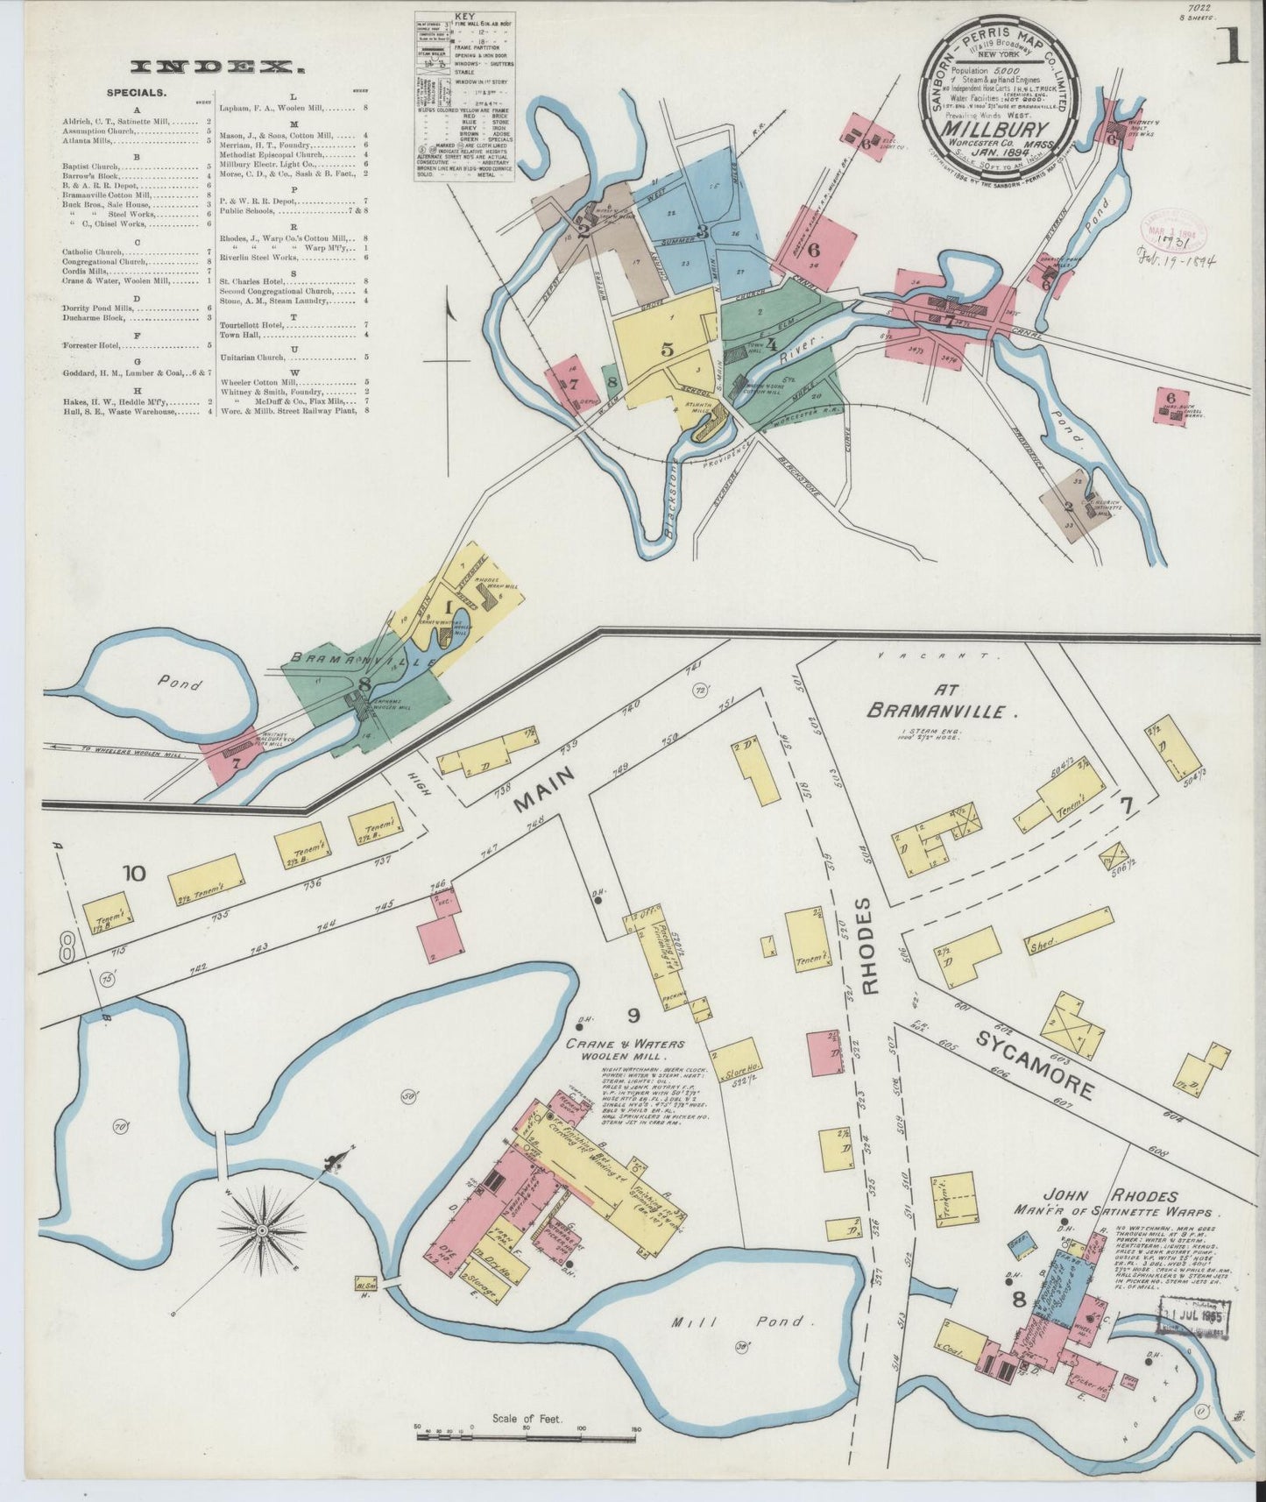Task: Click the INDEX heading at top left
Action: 210,66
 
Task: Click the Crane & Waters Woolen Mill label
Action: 625,1049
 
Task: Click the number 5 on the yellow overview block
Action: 668,349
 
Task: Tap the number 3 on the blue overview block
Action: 702,231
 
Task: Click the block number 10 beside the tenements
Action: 133,873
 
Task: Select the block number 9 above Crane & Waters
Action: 633,1016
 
